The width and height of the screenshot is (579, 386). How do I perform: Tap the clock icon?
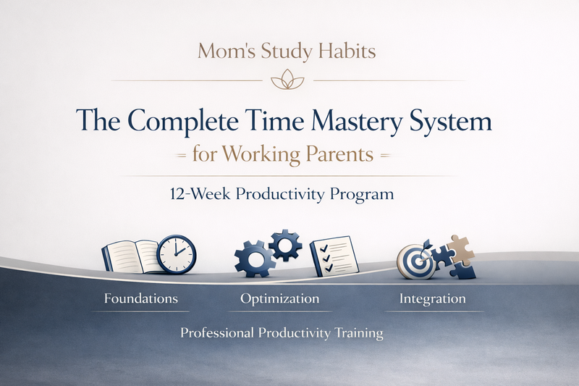(x=176, y=253)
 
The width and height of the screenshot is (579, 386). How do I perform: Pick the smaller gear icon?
(x=285, y=245)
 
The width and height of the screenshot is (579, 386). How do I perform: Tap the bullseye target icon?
(x=415, y=260)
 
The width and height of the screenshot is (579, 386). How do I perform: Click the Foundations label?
(x=140, y=298)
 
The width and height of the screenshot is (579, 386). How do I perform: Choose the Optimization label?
(x=279, y=298)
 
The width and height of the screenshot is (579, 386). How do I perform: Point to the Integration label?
(x=433, y=298)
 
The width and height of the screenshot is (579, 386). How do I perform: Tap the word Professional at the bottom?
(x=217, y=334)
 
